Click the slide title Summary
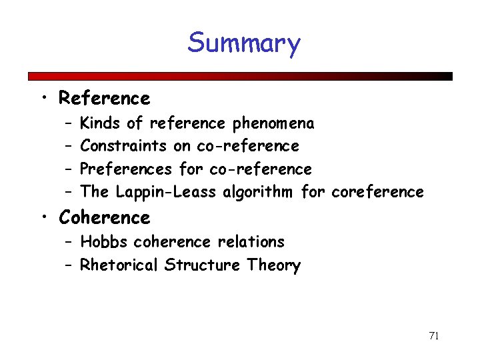pyautogui.click(x=244, y=43)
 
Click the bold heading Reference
pyautogui.click(x=105, y=99)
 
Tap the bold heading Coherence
pyautogui.click(x=105, y=218)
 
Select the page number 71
pyautogui.click(x=433, y=335)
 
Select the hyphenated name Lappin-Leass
pyautogui.click(x=166, y=193)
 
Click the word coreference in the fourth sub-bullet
pyautogui.click(x=377, y=193)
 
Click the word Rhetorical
pyautogui.click(x=119, y=265)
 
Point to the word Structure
pyautogui.click(x=202, y=265)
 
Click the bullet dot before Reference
pyautogui.click(x=43, y=99)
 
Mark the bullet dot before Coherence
pyautogui.click(x=43, y=219)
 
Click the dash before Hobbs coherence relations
pyautogui.click(x=69, y=242)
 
